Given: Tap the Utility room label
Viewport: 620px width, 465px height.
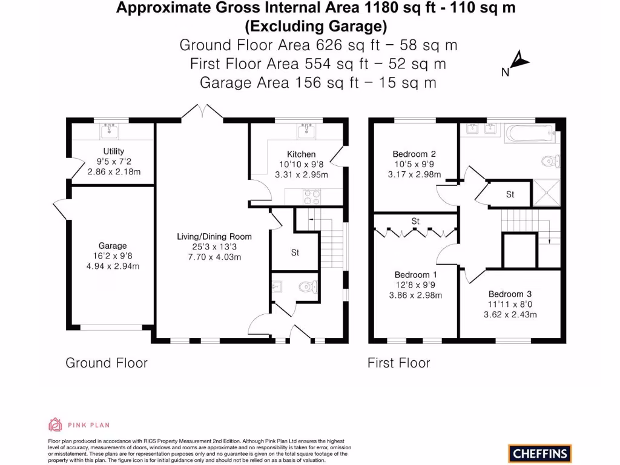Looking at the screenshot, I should coord(113,151).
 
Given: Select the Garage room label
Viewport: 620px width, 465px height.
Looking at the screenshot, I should coord(113,246).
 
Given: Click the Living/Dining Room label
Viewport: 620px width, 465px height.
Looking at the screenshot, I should coord(214,236).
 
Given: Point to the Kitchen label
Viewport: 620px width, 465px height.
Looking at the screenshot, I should coord(301,154).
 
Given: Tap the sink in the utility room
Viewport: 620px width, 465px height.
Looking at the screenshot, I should coord(110,130).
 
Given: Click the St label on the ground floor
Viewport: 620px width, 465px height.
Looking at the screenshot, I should coord(295,252).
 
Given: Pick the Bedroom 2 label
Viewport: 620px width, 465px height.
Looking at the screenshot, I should coord(414,154).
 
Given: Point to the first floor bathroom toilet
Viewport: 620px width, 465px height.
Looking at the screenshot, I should coord(550,161).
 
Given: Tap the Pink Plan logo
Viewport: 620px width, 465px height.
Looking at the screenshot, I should coord(79,425).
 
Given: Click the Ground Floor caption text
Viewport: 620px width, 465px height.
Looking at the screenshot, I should coord(106,363).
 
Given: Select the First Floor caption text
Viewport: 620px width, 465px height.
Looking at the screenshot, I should coord(398,363).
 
